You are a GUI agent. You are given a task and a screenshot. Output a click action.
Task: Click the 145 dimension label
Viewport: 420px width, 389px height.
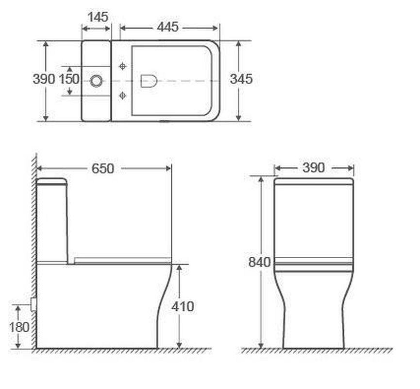point(98,17)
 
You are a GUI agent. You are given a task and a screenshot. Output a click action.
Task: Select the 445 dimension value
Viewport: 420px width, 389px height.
point(168,27)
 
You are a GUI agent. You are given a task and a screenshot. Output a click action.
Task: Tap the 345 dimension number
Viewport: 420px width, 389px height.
point(241,79)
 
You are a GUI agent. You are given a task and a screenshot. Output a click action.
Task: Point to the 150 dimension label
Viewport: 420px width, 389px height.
point(69,79)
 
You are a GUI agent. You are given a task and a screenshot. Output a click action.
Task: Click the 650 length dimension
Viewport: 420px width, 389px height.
point(103,168)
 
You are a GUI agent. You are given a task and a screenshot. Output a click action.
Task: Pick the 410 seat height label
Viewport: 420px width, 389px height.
point(183,306)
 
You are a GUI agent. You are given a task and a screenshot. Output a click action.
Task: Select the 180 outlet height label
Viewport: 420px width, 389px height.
point(19,327)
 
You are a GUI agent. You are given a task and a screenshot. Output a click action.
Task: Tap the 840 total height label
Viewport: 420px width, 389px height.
point(260,262)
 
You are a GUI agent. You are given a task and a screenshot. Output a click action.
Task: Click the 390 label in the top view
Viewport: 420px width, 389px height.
point(44,79)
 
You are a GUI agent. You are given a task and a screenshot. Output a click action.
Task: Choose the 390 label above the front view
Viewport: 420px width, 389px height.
point(314,168)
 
